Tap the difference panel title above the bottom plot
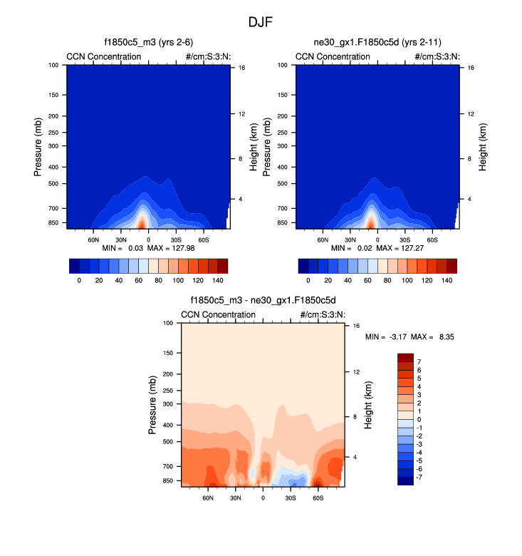point(263,302)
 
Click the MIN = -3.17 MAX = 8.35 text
point(409,336)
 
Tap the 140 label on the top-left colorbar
point(218,281)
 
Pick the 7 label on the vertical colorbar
point(419,362)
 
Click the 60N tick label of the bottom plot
point(209,497)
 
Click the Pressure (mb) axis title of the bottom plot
point(152,404)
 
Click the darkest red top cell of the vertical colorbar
point(405,358)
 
